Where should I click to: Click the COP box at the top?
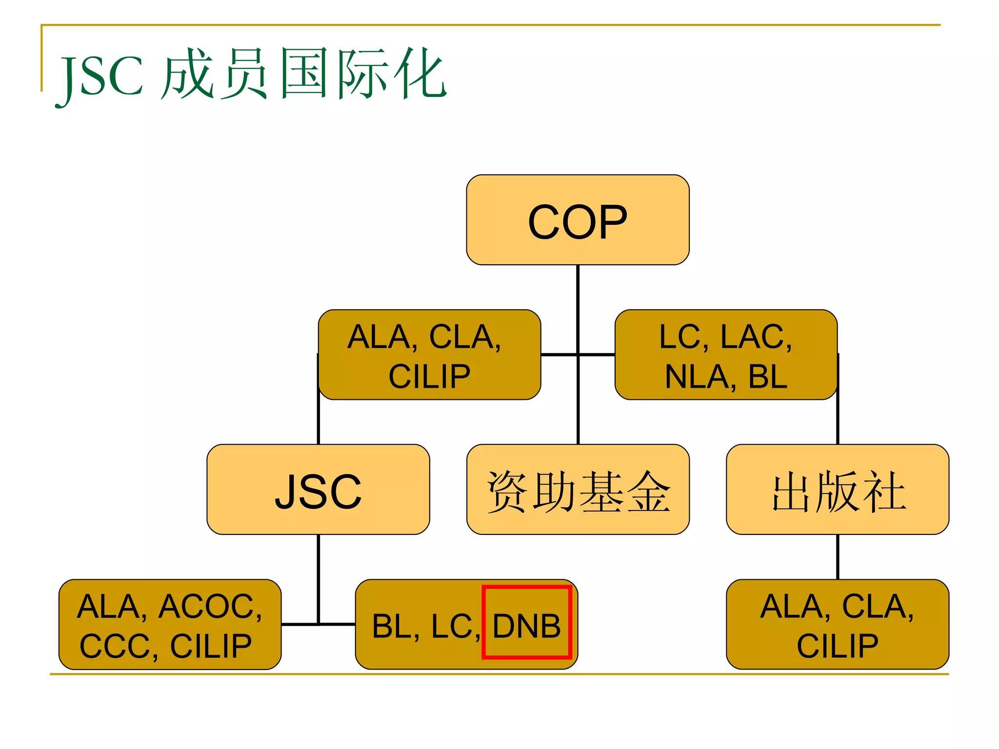coord(578,220)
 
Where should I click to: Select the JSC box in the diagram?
coord(318,490)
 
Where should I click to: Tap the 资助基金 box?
coord(578,490)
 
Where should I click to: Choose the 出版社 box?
coord(838,490)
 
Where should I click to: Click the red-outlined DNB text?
coord(526,626)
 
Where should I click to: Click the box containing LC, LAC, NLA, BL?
coord(726,355)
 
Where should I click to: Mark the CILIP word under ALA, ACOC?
coord(211,646)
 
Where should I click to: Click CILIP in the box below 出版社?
coord(837,646)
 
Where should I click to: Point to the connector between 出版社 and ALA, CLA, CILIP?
coord(838,556)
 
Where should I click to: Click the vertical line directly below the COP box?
coord(578,302)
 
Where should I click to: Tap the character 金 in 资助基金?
coord(648,492)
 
